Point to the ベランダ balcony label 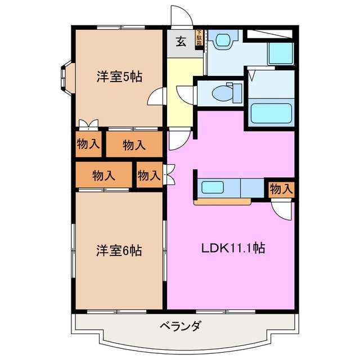click(180, 326)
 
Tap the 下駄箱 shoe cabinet click(199, 39)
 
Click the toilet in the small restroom click(229, 91)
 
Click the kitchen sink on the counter click(213, 187)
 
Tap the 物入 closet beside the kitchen click(281, 190)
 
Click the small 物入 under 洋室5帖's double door click(88, 144)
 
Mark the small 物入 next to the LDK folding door click(148, 175)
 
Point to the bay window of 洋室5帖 click(65, 78)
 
